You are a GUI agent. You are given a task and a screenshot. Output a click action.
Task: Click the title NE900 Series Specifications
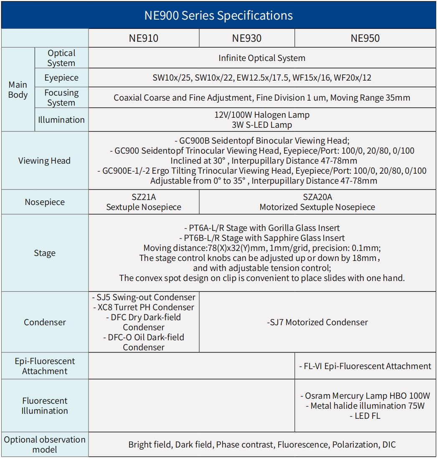point(218,15)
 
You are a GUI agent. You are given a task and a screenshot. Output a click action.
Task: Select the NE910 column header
point(143,38)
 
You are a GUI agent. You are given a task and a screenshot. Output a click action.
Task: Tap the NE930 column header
point(246,38)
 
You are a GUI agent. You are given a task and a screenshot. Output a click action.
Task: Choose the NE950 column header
point(365,38)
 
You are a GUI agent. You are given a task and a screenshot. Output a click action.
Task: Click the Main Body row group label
point(18,90)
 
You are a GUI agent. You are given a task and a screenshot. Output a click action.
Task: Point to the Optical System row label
point(61,58)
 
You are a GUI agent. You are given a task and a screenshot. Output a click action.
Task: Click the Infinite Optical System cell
point(262,58)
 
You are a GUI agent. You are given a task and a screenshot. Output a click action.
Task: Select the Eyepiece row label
point(61,78)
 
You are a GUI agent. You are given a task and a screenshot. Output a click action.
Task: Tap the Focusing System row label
point(61,98)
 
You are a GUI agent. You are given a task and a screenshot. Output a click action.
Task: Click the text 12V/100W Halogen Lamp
point(262,114)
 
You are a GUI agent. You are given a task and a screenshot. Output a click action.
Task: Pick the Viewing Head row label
point(44,161)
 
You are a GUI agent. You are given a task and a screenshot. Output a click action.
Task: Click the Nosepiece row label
point(44,202)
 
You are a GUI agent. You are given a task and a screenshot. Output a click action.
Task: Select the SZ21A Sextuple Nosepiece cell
point(144,202)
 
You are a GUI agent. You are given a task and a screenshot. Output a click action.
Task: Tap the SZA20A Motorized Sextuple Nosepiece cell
point(318,202)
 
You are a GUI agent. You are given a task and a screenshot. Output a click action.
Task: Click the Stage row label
point(44,253)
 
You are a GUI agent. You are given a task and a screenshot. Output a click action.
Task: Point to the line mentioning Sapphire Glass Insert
point(262,238)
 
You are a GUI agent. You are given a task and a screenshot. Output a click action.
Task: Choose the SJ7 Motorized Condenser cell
point(318,322)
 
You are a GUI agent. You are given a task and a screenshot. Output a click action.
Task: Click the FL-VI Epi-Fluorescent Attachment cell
point(365,366)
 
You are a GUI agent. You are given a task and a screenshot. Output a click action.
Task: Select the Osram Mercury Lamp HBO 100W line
point(365,396)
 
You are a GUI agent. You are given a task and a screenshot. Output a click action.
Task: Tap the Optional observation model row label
point(44,444)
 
